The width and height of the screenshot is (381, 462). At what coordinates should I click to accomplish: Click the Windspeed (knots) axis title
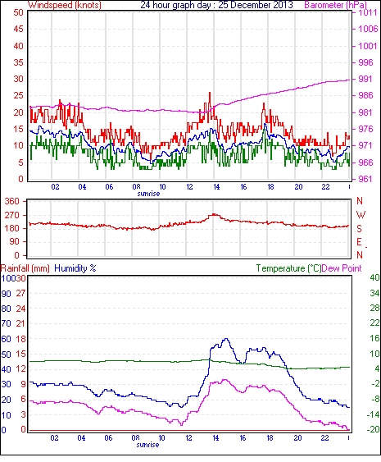65,5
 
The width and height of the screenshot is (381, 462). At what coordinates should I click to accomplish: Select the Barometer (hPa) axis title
335,5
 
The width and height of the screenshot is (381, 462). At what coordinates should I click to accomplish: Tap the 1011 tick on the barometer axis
368,12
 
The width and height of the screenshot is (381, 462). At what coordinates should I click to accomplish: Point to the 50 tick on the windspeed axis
18,12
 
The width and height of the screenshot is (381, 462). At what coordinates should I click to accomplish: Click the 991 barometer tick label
365,79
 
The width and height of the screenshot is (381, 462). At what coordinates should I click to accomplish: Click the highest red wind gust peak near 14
210,93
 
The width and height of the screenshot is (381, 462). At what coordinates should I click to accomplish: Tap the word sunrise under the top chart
148,194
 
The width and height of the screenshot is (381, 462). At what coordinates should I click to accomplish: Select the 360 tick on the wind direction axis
12,202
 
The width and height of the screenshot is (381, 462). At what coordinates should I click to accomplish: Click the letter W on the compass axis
361,215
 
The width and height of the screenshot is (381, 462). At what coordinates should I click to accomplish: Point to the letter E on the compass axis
359,242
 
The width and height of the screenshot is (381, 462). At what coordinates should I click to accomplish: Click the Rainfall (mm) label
25,268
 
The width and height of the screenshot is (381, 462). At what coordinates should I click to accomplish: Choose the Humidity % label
75,268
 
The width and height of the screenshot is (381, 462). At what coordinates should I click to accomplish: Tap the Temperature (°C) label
288,268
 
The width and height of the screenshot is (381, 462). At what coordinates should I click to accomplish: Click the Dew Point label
342,268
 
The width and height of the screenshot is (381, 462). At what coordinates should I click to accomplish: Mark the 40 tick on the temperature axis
374,277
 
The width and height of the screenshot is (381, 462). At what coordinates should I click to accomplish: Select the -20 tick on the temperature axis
374,430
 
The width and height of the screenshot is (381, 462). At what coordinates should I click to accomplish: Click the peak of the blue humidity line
225,339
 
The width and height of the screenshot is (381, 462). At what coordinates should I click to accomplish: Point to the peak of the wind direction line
214,214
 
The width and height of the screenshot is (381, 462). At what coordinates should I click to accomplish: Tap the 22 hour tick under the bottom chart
324,438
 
